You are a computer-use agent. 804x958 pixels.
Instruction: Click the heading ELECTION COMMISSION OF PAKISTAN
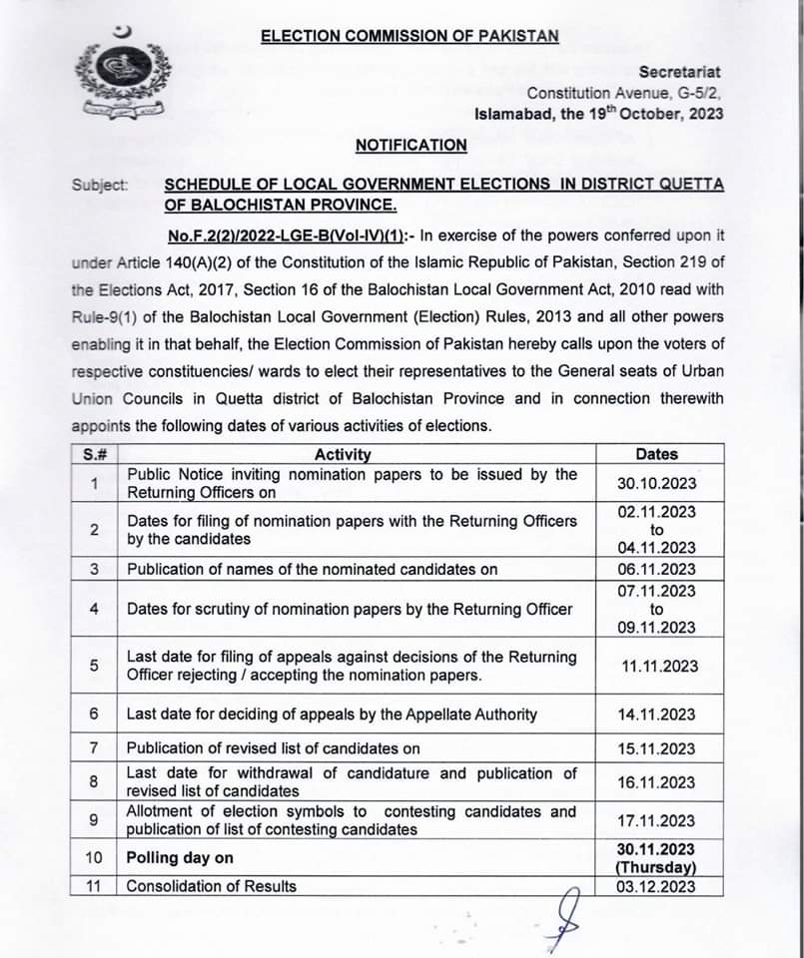pyautogui.click(x=409, y=36)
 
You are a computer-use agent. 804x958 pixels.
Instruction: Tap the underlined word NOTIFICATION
pyautogui.click(x=410, y=145)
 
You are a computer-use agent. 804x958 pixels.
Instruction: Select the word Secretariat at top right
pyautogui.click(x=680, y=72)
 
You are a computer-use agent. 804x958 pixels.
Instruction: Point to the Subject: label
pyautogui.click(x=100, y=185)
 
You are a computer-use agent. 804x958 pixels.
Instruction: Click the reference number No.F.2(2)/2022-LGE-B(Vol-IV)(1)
pyautogui.click(x=286, y=236)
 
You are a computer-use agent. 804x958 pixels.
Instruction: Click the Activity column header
pyautogui.click(x=343, y=455)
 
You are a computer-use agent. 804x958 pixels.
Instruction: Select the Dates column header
pyautogui.click(x=656, y=454)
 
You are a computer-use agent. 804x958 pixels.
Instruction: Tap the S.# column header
pyautogui.click(x=93, y=455)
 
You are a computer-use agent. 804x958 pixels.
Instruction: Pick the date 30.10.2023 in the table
pyautogui.click(x=656, y=484)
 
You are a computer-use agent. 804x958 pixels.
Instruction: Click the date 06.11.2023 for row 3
pyautogui.click(x=656, y=569)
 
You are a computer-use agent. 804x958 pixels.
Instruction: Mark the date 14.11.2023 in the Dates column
pyautogui.click(x=656, y=715)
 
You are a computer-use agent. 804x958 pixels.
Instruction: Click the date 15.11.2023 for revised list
pyautogui.click(x=656, y=748)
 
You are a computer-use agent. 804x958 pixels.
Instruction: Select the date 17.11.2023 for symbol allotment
pyautogui.click(x=656, y=821)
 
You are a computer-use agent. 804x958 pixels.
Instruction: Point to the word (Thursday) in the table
pyautogui.click(x=656, y=868)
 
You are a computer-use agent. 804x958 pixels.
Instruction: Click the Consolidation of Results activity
pyautogui.click(x=212, y=886)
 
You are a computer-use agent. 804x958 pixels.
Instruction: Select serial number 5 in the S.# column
pyautogui.click(x=93, y=667)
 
